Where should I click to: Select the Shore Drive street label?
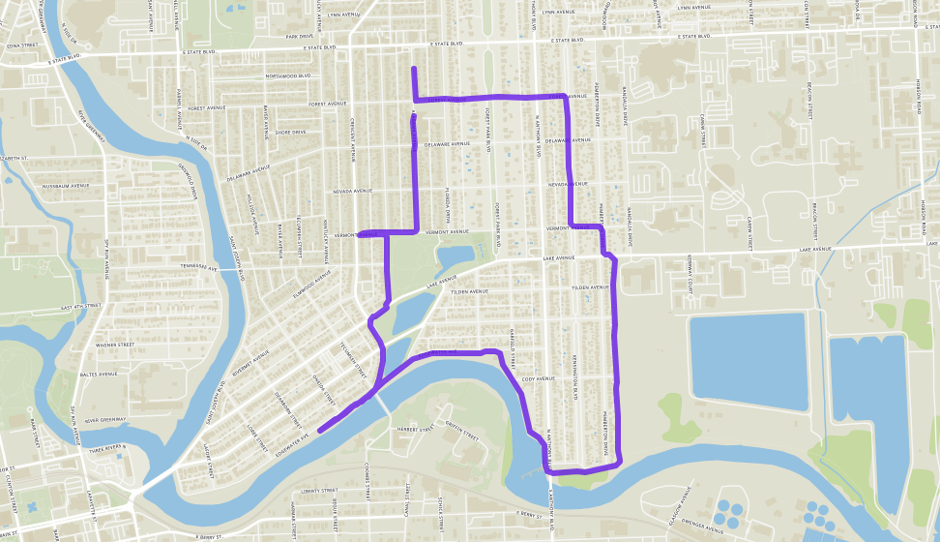click(x=290, y=132)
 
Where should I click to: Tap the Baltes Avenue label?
click(x=100, y=374)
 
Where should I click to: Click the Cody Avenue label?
click(x=535, y=378)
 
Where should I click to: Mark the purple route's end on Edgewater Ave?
click(x=319, y=430)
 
